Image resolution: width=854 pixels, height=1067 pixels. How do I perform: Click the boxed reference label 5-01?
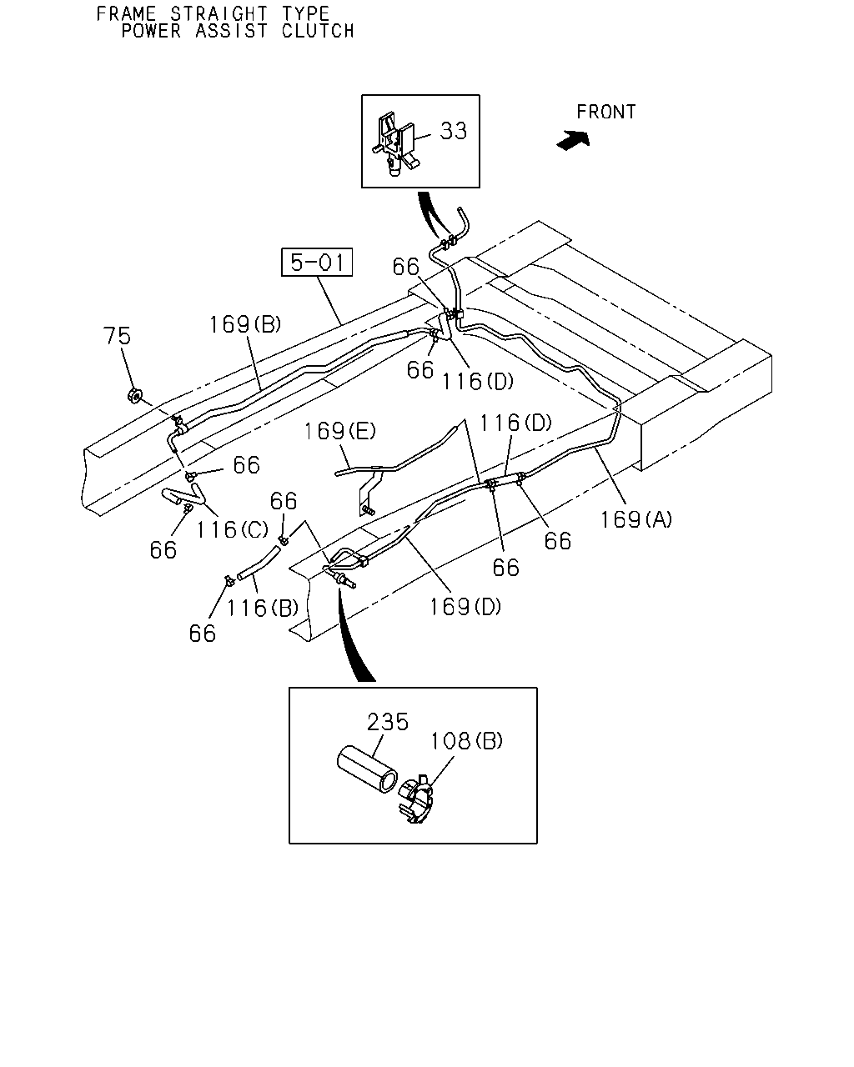pyautogui.click(x=317, y=262)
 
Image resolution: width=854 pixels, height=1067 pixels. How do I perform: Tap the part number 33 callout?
pyautogui.click(x=454, y=131)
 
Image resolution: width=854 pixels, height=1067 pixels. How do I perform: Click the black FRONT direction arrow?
pyautogui.click(x=573, y=140)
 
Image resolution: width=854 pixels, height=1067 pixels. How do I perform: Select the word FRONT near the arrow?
pyautogui.click(x=605, y=112)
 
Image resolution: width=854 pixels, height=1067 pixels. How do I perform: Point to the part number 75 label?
pyautogui.click(x=117, y=336)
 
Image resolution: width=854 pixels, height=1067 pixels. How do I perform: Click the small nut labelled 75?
pyautogui.click(x=134, y=396)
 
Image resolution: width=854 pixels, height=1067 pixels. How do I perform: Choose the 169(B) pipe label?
pyautogui.click(x=245, y=325)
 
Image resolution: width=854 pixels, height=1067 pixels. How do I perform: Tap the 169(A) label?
pyautogui.click(x=636, y=519)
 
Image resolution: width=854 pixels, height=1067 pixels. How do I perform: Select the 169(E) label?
pyautogui.click(x=340, y=431)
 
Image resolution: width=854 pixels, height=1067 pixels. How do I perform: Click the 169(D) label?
pyautogui.click(x=465, y=607)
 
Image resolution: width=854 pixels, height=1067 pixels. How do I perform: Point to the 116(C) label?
pyautogui.click(x=232, y=529)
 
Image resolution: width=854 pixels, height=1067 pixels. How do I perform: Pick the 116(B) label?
pyautogui.click(x=263, y=608)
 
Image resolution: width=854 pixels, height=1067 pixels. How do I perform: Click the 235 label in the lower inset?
pyautogui.click(x=388, y=722)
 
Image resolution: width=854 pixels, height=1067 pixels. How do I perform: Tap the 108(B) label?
pyautogui.click(x=466, y=741)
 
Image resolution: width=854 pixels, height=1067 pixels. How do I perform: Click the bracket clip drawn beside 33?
pyautogui.click(x=395, y=143)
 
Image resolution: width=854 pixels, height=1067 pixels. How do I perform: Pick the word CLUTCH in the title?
pyautogui.click(x=318, y=31)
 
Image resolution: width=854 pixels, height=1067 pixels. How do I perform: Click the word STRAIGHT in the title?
pyautogui.click(x=219, y=13)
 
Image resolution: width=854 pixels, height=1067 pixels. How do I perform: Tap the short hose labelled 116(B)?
pyautogui.click(x=258, y=562)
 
